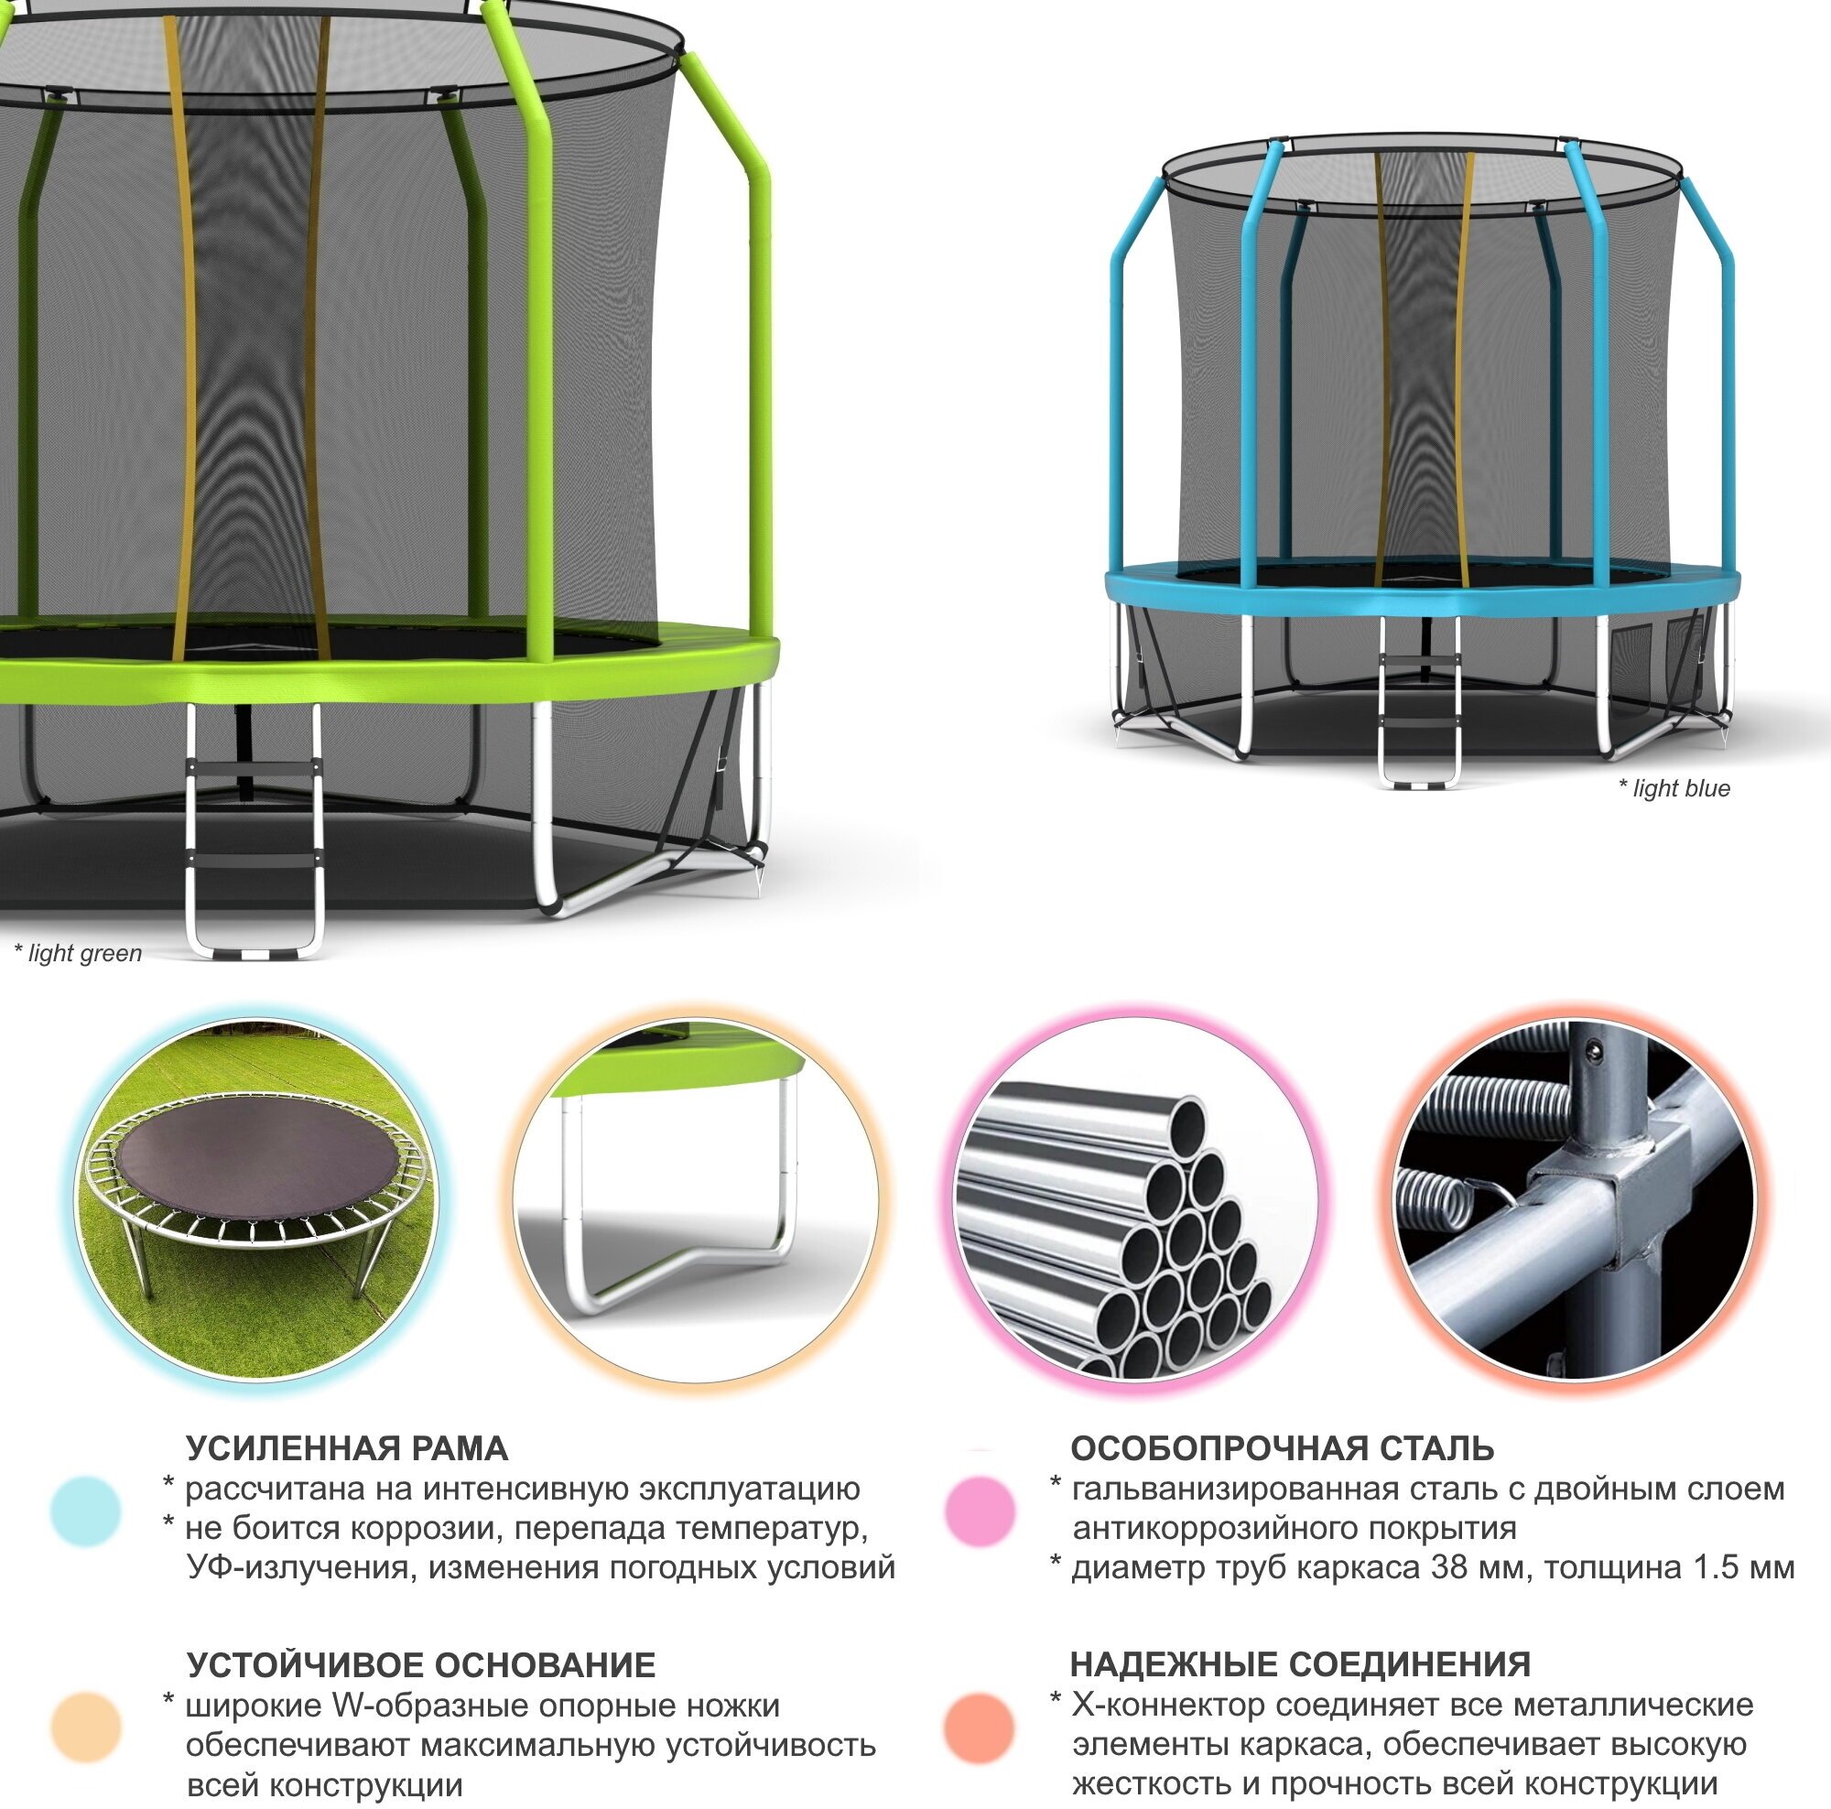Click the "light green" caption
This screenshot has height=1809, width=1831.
(79, 953)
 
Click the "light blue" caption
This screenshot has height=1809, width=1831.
(1674, 788)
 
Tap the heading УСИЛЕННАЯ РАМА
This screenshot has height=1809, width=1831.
(347, 1449)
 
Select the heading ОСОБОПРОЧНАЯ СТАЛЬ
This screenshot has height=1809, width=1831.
(1283, 1448)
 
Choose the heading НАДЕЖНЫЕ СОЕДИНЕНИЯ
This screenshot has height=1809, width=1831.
(1300, 1664)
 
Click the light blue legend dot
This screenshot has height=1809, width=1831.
(86, 1511)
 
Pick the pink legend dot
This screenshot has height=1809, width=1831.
(980, 1511)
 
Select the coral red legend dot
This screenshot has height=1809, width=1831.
(980, 1728)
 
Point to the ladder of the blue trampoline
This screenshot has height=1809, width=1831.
(1418, 701)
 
